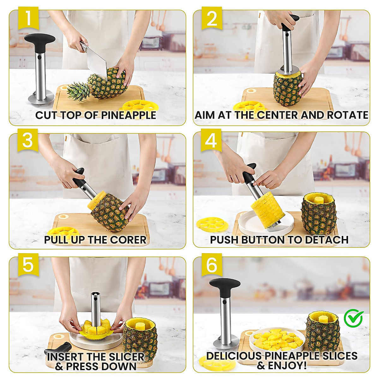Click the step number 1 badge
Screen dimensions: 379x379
pos(28,19)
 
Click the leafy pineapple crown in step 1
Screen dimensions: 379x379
pos(79,91)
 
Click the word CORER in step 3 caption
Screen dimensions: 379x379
pos(128,240)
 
